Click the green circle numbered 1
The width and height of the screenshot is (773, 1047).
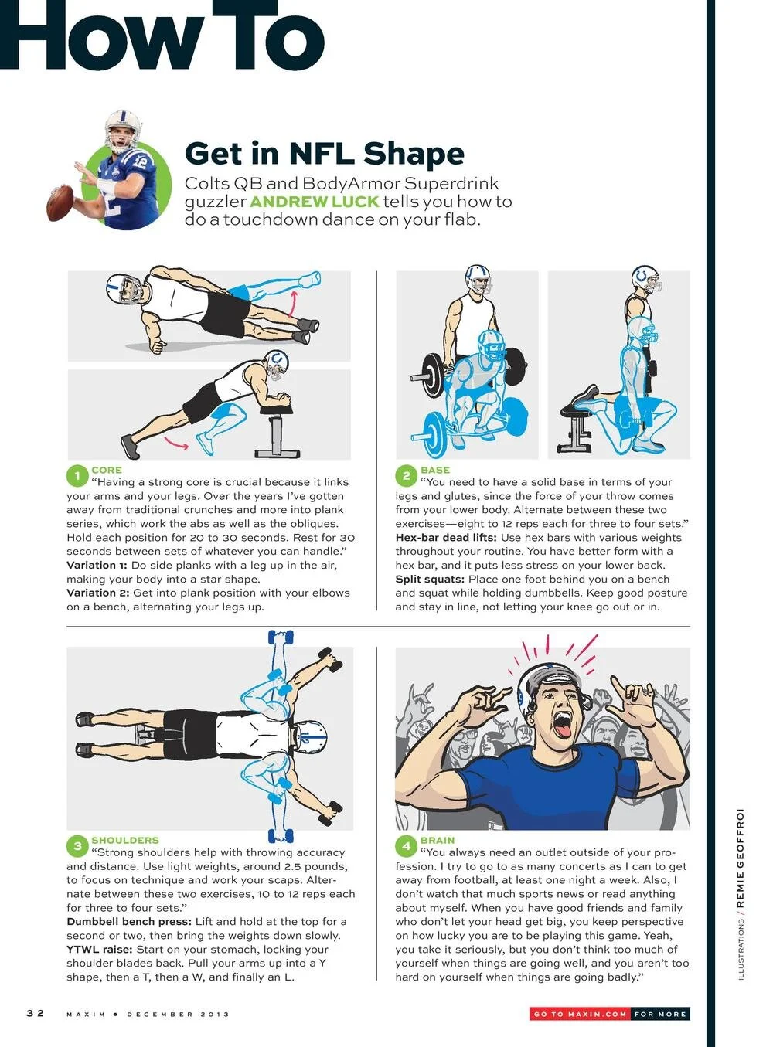click(77, 476)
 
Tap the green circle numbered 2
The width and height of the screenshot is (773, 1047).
click(407, 476)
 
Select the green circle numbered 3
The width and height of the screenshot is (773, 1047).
click(77, 846)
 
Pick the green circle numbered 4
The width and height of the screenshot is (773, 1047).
click(407, 846)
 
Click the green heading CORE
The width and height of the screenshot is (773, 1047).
click(107, 470)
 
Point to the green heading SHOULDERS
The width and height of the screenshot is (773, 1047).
click(125, 840)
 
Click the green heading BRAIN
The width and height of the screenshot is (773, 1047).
click(438, 840)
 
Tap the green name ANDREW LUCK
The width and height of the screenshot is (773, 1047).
click(314, 202)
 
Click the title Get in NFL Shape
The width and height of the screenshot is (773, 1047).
click(324, 154)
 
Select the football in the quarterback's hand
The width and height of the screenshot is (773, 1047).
click(60, 202)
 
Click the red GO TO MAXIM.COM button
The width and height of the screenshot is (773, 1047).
click(580, 1014)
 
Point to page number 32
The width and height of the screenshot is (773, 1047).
click(36, 1013)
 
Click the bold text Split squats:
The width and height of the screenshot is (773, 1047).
click(430, 580)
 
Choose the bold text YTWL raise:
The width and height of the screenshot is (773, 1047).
click(100, 950)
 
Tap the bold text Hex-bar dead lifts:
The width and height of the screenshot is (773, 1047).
click(446, 538)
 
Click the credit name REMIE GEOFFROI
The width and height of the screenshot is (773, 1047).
click(740, 858)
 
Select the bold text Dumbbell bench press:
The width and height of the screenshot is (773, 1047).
click(128, 922)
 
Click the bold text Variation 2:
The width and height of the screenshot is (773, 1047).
click(98, 593)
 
